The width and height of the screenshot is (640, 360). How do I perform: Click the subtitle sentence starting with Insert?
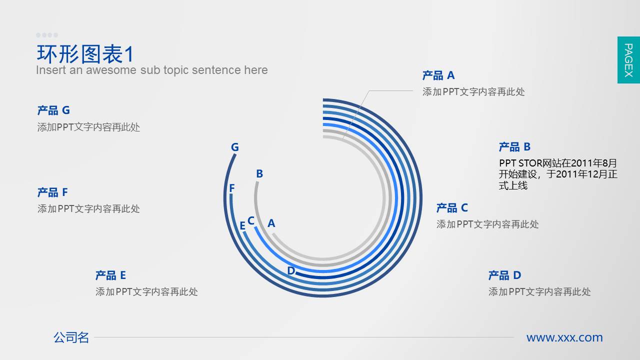151,70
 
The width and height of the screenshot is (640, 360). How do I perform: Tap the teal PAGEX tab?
628,60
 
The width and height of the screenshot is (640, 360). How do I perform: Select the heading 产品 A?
438,75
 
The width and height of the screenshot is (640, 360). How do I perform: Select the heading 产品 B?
514,147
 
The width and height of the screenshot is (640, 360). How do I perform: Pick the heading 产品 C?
452,207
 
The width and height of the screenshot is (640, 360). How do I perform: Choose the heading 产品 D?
504,275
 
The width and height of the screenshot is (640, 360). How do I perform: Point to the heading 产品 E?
110,275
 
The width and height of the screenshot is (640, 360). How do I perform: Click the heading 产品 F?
52,192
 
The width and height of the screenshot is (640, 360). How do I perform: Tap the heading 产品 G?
53,110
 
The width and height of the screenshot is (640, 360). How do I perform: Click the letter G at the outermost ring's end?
235,147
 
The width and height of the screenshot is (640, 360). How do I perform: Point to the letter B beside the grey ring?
259,173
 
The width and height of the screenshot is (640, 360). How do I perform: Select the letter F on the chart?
232,188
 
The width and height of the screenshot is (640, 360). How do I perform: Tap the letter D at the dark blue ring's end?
291,270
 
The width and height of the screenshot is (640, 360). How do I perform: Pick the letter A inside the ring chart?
271,223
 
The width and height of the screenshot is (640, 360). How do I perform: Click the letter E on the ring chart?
242,225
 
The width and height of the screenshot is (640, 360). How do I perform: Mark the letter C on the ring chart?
251,220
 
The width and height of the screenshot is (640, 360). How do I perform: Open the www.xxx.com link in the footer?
564,337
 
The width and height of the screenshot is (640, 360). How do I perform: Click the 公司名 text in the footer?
71,337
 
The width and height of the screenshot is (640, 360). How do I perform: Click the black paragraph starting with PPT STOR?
558,174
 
